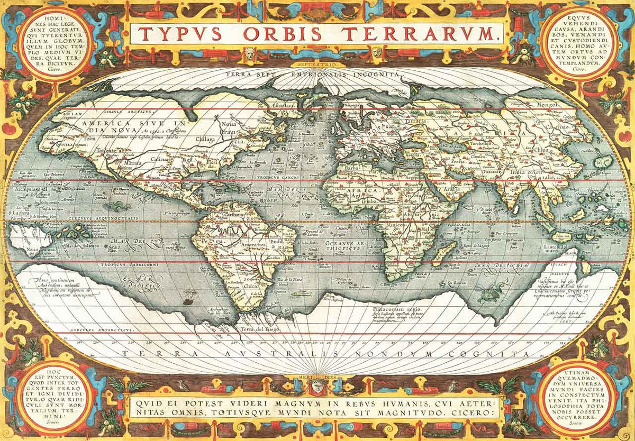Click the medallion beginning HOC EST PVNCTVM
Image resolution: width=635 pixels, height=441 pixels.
55,398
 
